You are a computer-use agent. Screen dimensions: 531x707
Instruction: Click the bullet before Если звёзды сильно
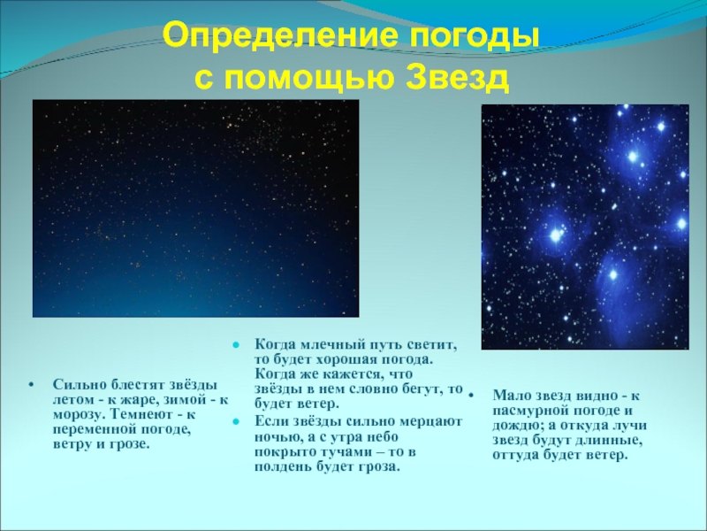point(235,422)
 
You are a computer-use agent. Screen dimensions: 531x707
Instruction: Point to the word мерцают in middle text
point(432,422)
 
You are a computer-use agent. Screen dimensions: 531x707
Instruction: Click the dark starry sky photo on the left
point(195,208)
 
